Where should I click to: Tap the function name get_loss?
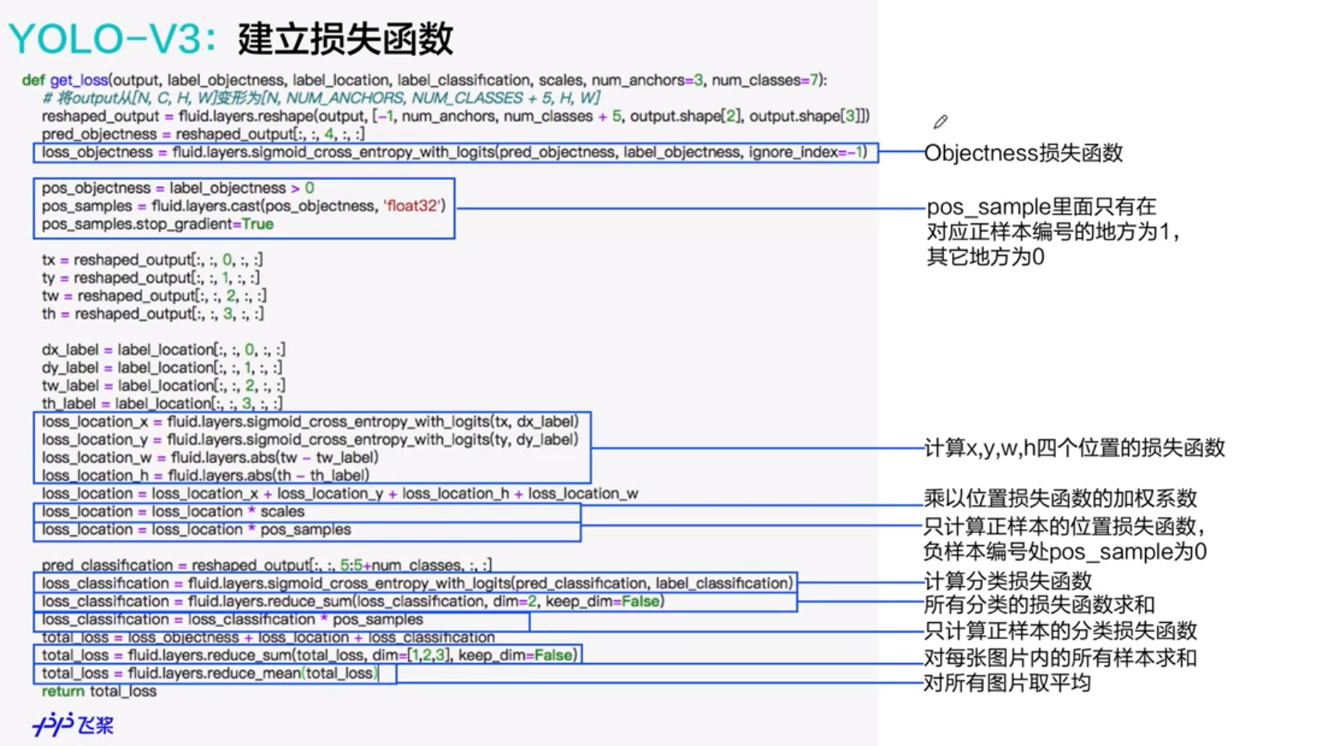point(79,80)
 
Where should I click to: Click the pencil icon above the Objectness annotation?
point(940,122)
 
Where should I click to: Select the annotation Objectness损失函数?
point(1023,153)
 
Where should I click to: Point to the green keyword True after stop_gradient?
point(258,224)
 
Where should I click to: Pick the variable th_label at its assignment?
point(69,404)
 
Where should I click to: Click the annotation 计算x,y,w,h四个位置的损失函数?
point(1074,448)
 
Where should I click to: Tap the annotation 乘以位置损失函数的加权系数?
point(1060,498)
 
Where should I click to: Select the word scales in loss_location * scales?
point(282,512)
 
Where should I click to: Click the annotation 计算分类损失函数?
point(1008,580)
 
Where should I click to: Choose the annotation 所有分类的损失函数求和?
point(1039,605)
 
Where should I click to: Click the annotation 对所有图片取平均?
point(1007,683)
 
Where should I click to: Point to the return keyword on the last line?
point(63,691)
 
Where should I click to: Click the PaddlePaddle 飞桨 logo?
point(73,724)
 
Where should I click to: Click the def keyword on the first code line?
point(33,80)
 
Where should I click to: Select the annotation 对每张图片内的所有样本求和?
point(1060,658)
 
